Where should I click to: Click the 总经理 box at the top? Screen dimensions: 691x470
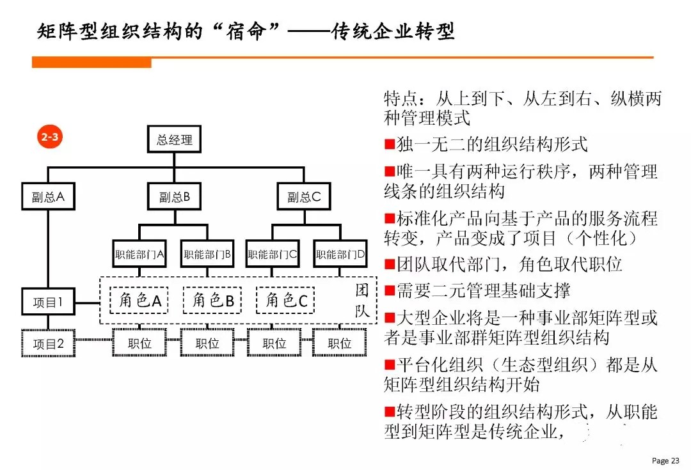[174, 139]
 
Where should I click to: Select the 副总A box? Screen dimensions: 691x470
[48, 196]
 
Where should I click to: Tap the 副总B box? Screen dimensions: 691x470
[174, 196]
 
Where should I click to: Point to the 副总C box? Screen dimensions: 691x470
[304, 196]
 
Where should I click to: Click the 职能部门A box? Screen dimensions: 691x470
[139, 254]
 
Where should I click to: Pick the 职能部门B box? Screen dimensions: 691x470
[207, 254]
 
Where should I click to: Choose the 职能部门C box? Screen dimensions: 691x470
[273, 254]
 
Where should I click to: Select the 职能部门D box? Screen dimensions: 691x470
[340, 254]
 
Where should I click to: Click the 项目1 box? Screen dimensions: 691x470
[48, 302]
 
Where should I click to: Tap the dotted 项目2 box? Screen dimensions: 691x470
[48, 343]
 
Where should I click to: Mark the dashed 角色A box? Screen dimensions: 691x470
[139, 300]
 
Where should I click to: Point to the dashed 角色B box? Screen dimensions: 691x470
[212, 300]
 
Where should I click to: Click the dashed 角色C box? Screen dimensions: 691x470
[285, 300]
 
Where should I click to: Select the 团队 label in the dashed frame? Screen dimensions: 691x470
[361, 301]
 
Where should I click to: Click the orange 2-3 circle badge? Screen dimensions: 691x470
[50, 137]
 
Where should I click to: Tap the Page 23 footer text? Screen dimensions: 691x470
[665, 460]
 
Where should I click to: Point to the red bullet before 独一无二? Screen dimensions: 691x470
[390, 144]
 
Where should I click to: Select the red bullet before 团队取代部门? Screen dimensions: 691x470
[390, 264]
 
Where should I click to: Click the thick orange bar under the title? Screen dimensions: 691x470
[91, 63]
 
